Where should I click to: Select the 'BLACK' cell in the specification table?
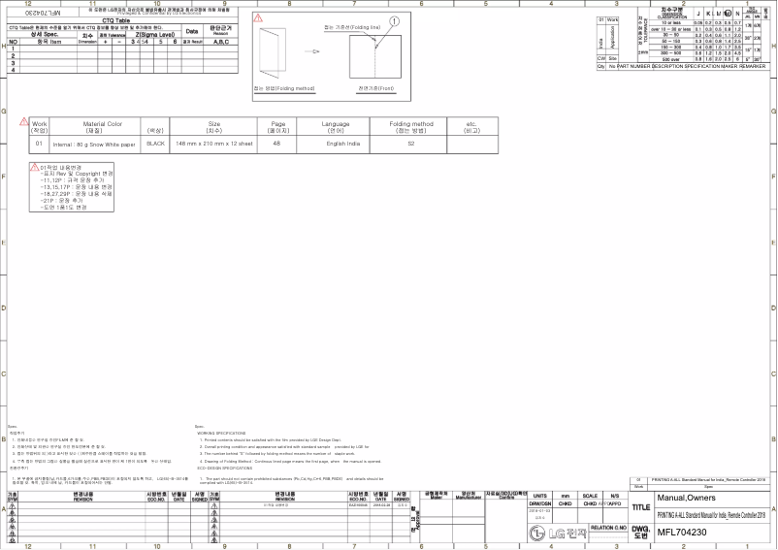[154, 143]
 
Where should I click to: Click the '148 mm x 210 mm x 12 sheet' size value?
[214, 143]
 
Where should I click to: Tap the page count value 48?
[276, 143]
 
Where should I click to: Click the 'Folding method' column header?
[411, 124]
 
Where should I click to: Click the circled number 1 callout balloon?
[393, 20]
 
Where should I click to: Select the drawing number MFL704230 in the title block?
[682, 532]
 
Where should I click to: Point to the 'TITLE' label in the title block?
[640, 507]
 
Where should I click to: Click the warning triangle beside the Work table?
[23, 121]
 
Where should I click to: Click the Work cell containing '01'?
[40, 143]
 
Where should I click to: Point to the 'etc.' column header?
[471, 124]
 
